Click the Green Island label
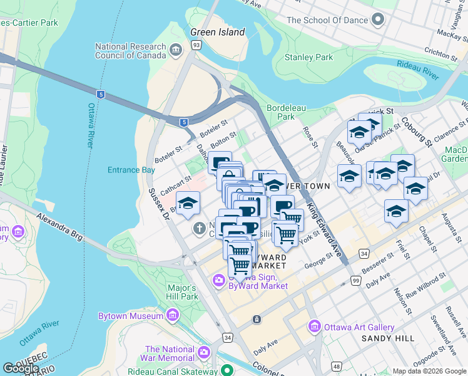click(218, 32)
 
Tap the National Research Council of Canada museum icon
click(175, 50)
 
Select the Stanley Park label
click(308, 57)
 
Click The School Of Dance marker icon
click(377, 20)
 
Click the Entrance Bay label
click(131, 170)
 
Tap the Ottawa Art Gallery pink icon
click(313, 327)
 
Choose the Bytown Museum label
click(130, 316)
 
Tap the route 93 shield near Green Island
click(196, 45)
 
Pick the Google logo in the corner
click(21, 368)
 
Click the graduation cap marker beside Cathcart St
click(188, 203)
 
